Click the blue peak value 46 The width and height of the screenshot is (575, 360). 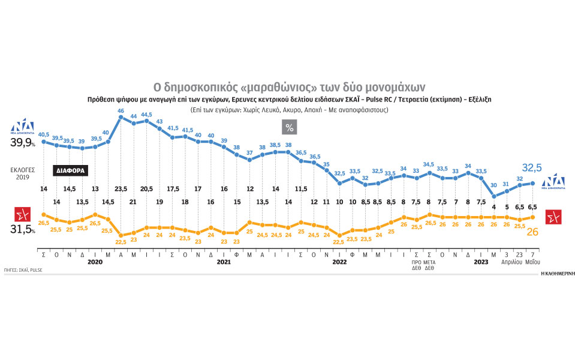tap(121, 111)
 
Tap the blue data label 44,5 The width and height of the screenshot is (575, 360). tap(146, 115)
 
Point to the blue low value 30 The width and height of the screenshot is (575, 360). tap(494, 185)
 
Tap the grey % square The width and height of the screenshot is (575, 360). tap(290, 127)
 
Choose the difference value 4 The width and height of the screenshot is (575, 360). tap(494, 208)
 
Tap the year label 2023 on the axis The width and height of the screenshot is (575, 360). tap(481, 262)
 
